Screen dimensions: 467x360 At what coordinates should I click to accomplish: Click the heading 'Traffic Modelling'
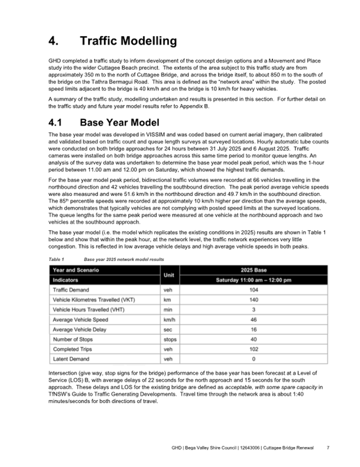[128, 41]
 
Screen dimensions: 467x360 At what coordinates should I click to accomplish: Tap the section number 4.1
[59, 122]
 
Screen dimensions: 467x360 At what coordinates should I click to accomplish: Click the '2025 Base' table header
[253, 270]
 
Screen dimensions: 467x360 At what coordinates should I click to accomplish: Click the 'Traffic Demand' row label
[71, 289]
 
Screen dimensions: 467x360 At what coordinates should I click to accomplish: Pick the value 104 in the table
[253, 289]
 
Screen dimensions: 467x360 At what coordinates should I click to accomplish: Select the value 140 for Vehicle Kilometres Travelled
[253, 299]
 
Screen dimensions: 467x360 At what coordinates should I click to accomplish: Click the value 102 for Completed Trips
[253, 349]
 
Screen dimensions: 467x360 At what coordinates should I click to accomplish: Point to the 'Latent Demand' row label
[71, 359]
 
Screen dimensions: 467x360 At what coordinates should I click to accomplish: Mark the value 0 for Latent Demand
[253, 359]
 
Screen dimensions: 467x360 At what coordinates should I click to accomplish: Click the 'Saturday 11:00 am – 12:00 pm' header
[253, 280]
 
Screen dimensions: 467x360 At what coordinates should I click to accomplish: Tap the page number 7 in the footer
[327, 447]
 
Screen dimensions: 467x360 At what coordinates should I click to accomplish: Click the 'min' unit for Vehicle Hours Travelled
[169, 310]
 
